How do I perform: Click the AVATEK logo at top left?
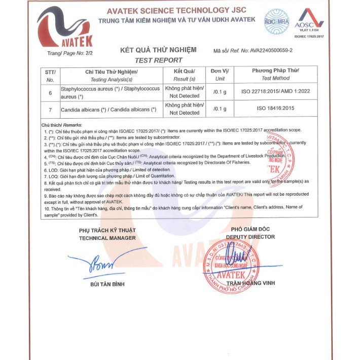coord(63,28)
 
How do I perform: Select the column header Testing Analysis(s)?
coord(111,80)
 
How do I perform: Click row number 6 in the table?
coord(50,92)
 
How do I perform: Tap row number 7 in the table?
coord(50,110)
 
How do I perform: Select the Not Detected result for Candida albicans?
coord(184,113)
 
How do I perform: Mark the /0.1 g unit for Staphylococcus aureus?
coord(220,92)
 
